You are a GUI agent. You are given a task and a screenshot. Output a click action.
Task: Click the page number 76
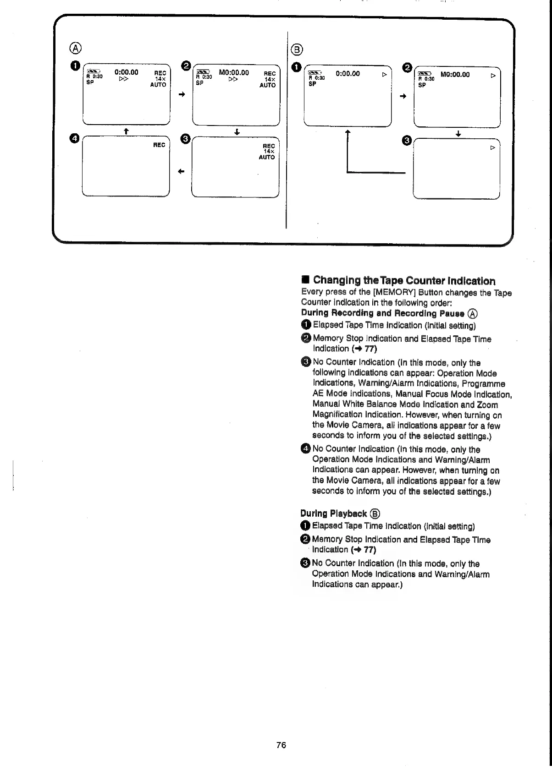[x=281, y=745]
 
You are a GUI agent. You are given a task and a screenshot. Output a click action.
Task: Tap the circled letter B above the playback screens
[x=297, y=49]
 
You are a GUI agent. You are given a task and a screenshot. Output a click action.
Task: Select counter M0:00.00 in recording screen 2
[x=234, y=72]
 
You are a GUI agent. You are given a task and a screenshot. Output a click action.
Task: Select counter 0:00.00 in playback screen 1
[x=348, y=73]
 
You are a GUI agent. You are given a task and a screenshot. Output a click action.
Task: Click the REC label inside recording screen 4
[x=159, y=145]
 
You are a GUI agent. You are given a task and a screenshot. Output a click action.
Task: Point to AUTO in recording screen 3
[x=267, y=157]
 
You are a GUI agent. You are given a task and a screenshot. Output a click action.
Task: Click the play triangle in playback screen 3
[x=493, y=148]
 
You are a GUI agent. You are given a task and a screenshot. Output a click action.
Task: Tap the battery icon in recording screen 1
[x=93, y=71]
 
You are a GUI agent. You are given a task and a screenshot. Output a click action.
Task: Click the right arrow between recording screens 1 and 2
[x=182, y=94]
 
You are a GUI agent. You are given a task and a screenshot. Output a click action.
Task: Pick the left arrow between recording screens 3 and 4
[x=181, y=172]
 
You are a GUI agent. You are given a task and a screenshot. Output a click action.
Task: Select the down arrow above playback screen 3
[x=458, y=134]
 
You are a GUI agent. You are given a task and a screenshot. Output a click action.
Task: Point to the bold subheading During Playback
[x=334, y=513]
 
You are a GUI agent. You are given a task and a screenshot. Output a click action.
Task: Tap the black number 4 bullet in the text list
[x=306, y=449]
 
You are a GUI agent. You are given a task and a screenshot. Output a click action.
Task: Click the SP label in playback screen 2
[x=422, y=85]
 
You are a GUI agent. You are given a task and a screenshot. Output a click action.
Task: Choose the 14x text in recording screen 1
[x=160, y=79]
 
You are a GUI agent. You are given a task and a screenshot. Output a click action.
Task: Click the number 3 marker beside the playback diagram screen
[x=406, y=141]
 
